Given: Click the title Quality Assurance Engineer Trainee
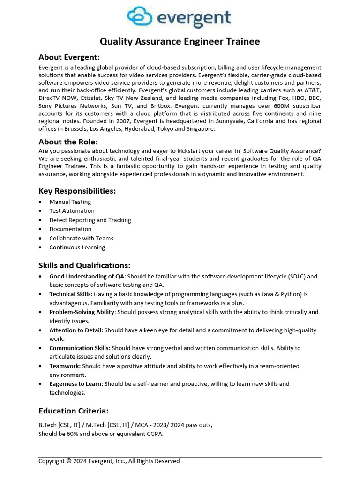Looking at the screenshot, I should (180, 42).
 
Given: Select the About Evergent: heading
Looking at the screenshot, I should (69, 57).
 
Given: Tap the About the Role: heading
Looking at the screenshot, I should (68, 142).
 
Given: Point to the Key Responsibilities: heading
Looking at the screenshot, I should (77, 191).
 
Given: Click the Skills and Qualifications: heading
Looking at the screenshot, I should (84, 265).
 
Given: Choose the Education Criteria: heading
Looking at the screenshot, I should (73, 411).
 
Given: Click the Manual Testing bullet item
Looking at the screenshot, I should (70, 202).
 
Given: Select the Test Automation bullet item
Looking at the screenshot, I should (72, 211).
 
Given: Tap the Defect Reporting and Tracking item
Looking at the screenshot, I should (90, 220).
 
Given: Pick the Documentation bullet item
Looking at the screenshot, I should (70, 229).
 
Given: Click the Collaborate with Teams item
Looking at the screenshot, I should (82, 239).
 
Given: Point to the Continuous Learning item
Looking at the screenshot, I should (77, 247).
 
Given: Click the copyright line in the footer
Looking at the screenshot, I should (109, 461).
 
